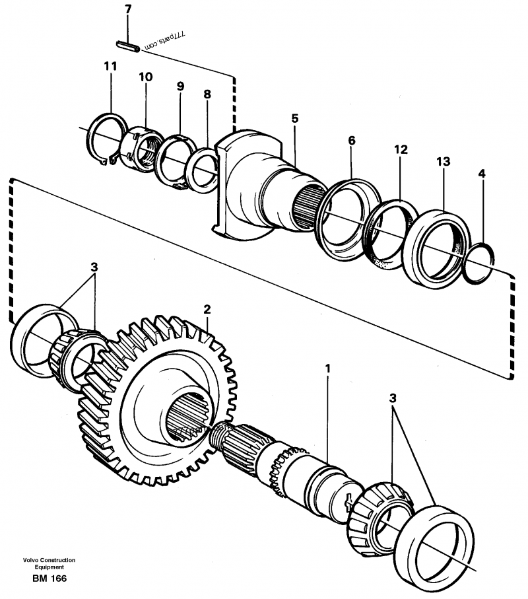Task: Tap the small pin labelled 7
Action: [x=126, y=46]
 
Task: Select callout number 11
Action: [x=110, y=66]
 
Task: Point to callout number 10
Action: [x=145, y=77]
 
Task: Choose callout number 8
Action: [x=207, y=94]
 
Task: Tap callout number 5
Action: [x=294, y=119]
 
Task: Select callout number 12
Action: [x=401, y=151]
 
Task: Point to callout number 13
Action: [x=442, y=161]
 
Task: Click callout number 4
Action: [x=482, y=174]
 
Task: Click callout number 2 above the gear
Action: [x=207, y=309]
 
